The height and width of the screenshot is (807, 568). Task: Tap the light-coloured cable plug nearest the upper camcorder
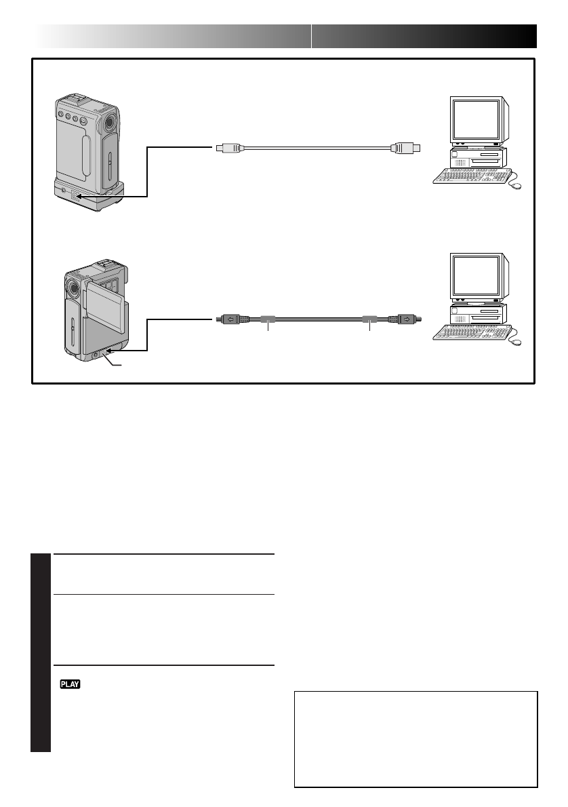[227, 146]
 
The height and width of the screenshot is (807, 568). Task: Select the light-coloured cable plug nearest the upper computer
[407, 146]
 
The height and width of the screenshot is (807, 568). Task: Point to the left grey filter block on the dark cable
[268, 318]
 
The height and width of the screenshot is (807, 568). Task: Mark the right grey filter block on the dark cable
[369, 318]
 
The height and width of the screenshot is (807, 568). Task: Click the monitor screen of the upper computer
[476, 119]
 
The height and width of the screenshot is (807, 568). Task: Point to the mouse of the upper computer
[518, 185]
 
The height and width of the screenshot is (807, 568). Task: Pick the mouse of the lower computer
[518, 342]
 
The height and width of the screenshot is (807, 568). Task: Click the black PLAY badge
[70, 685]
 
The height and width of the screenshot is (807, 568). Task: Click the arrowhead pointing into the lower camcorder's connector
[108, 351]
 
